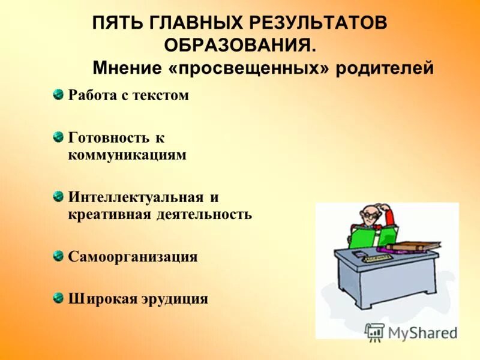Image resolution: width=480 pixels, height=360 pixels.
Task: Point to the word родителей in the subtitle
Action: pyautogui.click(x=385, y=68)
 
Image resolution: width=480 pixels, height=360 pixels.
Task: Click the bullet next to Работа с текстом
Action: pyautogui.click(x=58, y=94)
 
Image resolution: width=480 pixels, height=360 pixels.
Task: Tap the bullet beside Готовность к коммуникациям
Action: pyautogui.click(x=58, y=136)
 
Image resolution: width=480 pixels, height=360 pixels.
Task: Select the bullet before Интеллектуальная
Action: pyautogui.click(x=58, y=196)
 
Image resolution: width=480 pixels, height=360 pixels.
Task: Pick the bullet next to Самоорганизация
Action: pyautogui.click(x=58, y=256)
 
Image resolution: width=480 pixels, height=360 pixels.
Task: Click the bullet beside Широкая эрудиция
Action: pyautogui.click(x=58, y=297)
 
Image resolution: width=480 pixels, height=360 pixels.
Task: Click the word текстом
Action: pyautogui.click(x=161, y=95)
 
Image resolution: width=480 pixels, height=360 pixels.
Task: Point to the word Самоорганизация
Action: pyautogui.click(x=133, y=257)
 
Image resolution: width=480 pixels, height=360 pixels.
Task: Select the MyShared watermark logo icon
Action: pyautogui.click(x=374, y=332)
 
